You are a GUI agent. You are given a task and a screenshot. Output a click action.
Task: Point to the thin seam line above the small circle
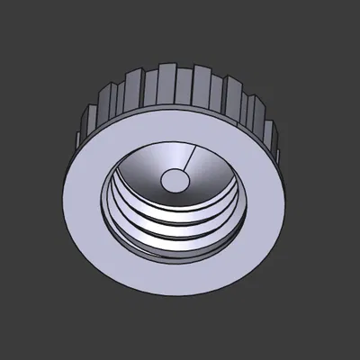(184, 162)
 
